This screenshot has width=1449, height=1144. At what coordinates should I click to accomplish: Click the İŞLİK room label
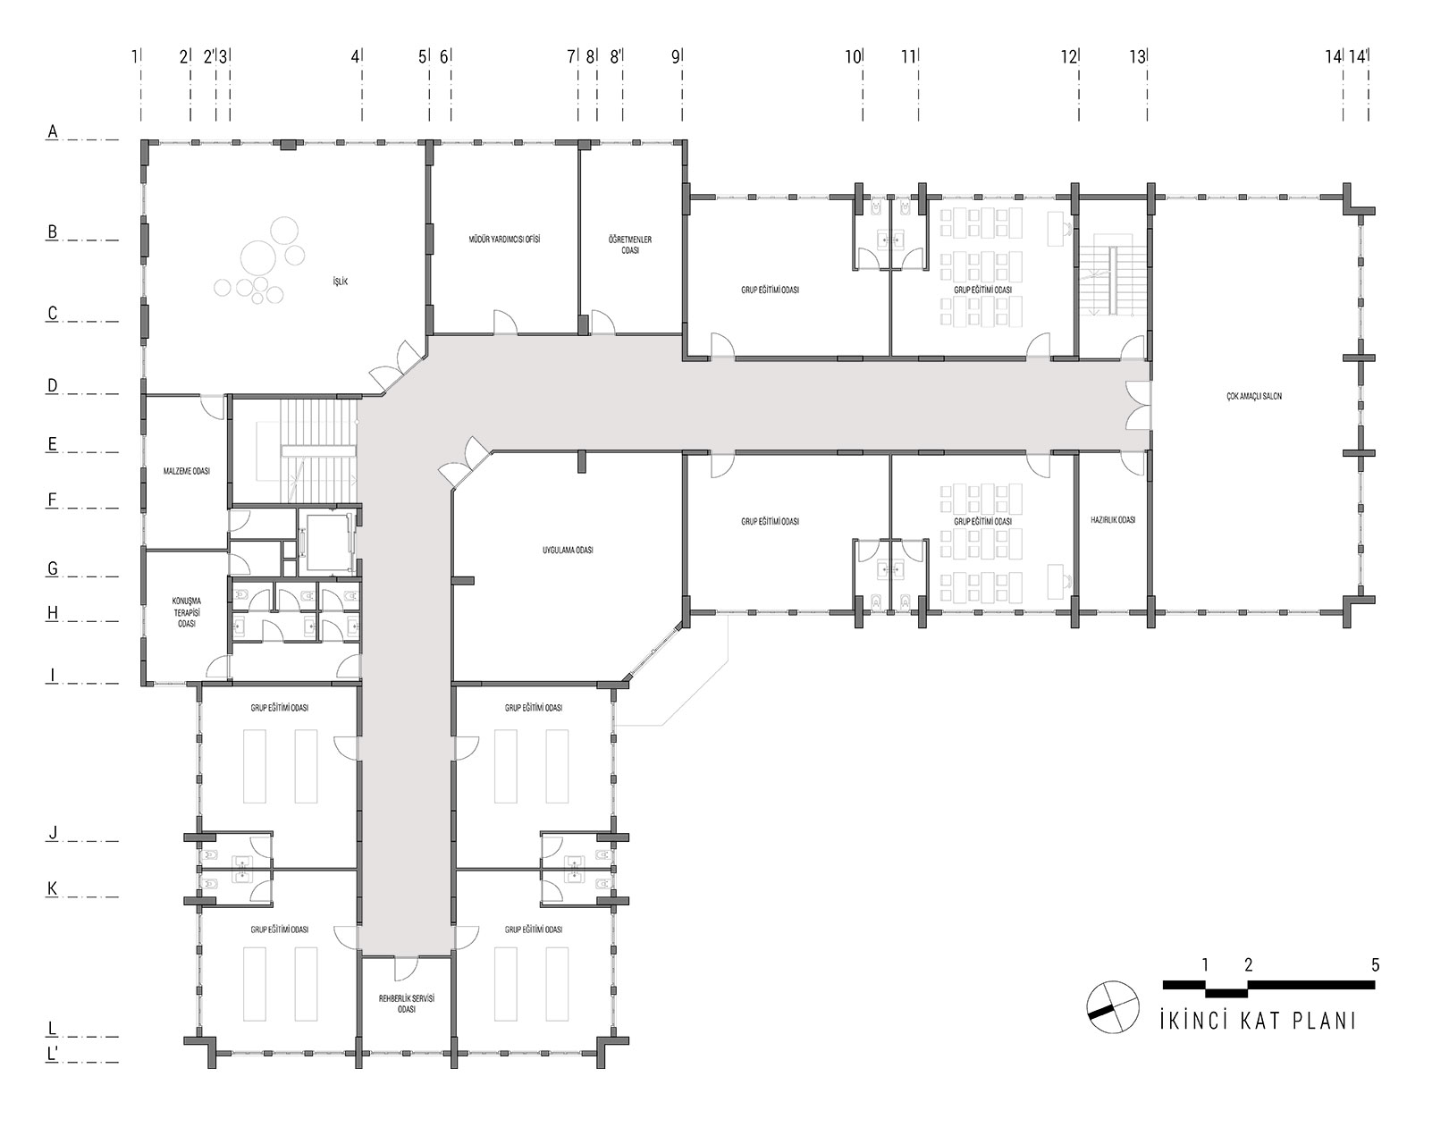point(340,282)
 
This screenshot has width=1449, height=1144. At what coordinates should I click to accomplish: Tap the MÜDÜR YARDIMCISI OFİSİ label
point(504,240)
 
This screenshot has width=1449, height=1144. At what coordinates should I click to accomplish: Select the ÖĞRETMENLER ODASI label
point(630,245)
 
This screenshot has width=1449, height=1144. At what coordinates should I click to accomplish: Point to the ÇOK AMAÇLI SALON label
point(1254,397)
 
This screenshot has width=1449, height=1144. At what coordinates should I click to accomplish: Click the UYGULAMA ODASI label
point(568,551)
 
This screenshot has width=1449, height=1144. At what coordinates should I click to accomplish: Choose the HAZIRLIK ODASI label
point(1113,520)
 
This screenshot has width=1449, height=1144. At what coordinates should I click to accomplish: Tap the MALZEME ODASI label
point(187,471)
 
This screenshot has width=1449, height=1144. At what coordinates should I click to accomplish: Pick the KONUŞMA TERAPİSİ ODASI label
point(187,612)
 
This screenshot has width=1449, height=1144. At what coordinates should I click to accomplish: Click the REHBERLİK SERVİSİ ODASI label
point(406,1004)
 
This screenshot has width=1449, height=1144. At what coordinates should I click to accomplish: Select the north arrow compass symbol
point(1112,1007)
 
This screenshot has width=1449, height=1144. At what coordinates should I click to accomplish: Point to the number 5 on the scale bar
point(1375,965)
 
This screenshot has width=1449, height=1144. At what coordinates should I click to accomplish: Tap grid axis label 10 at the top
point(853,57)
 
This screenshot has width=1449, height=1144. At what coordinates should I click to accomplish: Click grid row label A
point(53,132)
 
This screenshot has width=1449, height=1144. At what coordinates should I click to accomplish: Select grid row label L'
point(53,1055)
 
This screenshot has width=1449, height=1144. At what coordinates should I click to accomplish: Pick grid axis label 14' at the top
point(1358,57)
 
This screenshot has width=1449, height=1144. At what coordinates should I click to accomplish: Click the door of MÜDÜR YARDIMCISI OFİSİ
point(505,323)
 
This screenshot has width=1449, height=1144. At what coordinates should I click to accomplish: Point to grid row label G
point(53,569)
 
